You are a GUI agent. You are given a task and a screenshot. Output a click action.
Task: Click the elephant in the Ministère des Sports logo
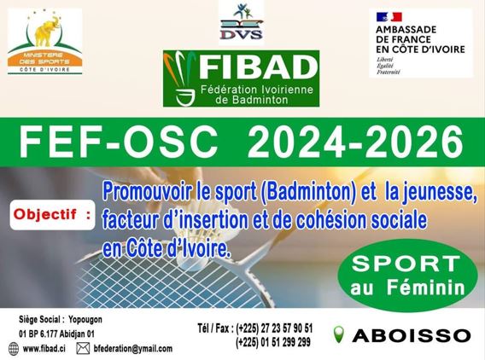click(47, 31)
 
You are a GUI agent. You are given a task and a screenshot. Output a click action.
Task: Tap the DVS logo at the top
click(242, 21)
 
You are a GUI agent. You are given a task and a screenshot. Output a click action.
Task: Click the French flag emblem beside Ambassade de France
click(389, 17)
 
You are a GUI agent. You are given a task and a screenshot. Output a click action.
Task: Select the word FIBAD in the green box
click(259, 67)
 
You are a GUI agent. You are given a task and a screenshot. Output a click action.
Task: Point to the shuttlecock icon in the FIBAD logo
click(180, 78)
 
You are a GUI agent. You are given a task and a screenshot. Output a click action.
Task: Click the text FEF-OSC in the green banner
click(118, 142)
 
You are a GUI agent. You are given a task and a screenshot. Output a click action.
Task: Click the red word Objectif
click(45, 214)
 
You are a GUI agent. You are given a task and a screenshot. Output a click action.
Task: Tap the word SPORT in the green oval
click(406, 264)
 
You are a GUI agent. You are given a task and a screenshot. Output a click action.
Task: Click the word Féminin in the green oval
click(426, 287)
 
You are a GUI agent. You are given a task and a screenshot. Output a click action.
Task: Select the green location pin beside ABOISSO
click(339, 334)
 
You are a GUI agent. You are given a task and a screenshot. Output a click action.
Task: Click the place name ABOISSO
click(412, 335)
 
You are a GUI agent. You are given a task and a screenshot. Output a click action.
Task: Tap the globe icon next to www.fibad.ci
click(14, 349)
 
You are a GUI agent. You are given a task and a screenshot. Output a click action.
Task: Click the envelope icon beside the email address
click(83, 349)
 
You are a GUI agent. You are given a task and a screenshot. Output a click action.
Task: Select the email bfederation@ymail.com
click(133, 349)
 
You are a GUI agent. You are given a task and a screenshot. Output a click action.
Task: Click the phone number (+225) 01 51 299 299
click(273, 342)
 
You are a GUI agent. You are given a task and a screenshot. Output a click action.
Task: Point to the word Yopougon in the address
click(85, 319)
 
